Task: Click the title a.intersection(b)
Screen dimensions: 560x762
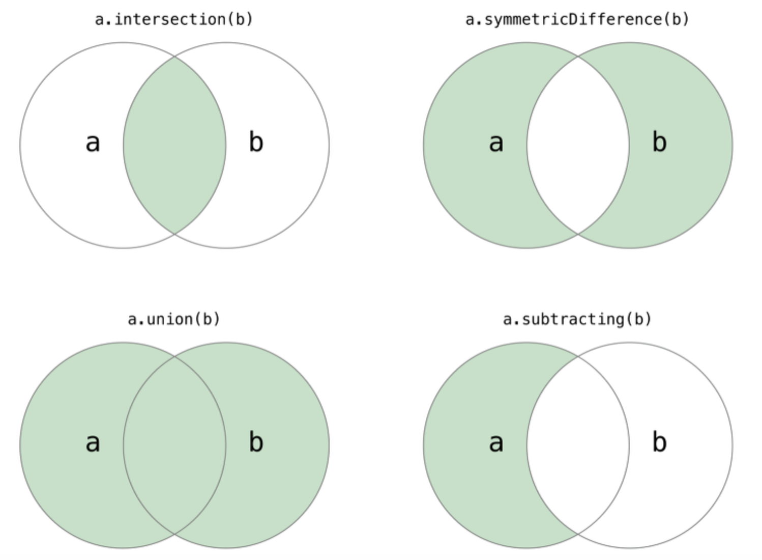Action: (x=174, y=19)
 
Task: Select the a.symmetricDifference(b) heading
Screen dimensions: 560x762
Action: (x=577, y=19)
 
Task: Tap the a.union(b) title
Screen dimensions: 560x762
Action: (x=174, y=319)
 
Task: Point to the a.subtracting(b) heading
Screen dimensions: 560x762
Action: (x=577, y=319)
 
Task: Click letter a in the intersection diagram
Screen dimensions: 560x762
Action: (x=93, y=143)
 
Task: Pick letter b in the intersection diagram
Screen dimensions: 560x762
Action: (x=256, y=142)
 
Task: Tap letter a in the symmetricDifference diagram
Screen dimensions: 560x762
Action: (x=496, y=143)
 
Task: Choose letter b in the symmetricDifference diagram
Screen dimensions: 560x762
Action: (x=659, y=142)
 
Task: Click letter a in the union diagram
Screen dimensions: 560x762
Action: (x=93, y=443)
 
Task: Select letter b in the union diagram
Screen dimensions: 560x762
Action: (x=256, y=442)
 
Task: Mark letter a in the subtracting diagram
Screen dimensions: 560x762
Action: (x=496, y=443)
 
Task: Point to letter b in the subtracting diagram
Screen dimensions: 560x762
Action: (x=659, y=442)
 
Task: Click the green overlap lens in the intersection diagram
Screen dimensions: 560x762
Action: (x=174, y=146)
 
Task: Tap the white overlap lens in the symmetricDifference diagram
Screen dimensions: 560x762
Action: (x=578, y=146)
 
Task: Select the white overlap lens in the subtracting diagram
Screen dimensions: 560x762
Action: (x=578, y=445)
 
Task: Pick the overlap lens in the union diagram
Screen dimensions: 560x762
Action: (x=174, y=445)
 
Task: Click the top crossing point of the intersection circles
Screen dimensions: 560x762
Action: (x=174, y=57)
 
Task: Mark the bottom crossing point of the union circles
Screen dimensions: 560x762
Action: (x=174, y=534)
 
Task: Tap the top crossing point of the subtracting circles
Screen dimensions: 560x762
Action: (x=578, y=356)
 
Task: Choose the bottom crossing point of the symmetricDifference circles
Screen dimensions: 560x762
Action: (x=578, y=234)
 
